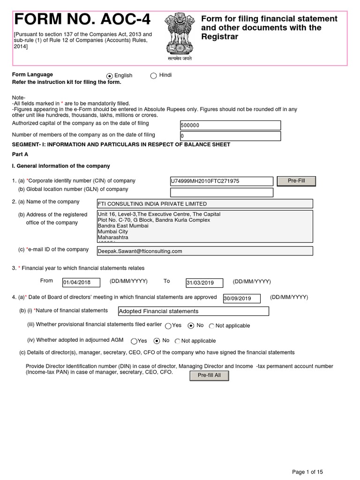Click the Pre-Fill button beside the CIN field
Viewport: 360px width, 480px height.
tap(296, 181)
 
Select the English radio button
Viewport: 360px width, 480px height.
tap(110, 76)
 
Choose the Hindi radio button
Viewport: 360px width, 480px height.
tap(153, 76)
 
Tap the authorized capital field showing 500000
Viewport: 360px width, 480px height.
tap(230, 125)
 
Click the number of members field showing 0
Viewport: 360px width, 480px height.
tap(230, 136)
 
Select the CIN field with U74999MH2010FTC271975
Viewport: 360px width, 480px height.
tap(221, 181)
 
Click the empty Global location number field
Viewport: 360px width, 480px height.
tap(221, 192)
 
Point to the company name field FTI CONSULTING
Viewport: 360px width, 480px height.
tap(204, 203)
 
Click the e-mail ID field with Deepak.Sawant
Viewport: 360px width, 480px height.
tap(204, 251)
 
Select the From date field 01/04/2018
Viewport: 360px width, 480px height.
tap(81, 283)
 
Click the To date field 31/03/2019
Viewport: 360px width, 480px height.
tap(206, 283)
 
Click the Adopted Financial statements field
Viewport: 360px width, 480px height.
tap(194, 311)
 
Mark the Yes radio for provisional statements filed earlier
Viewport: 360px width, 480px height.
tap(168, 325)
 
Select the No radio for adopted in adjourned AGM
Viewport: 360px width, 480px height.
tap(157, 341)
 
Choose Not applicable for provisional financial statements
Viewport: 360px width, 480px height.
tap(212, 326)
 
